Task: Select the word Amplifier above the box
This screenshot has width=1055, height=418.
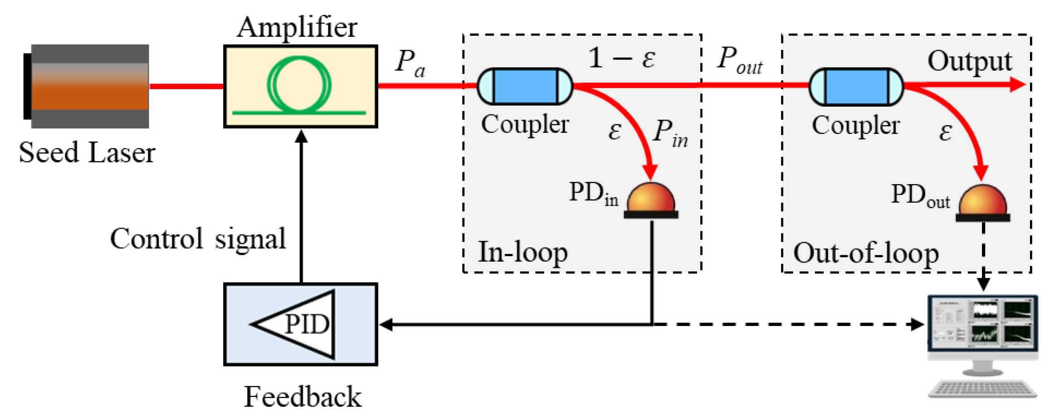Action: (x=297, y=27)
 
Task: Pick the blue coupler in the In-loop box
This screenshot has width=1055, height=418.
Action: (x=525, y=86)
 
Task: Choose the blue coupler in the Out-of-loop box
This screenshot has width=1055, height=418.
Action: (x=856, y=87)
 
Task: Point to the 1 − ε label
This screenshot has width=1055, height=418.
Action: (x=622, y=58)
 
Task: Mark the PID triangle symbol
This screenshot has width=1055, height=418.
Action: (x=299, y=324)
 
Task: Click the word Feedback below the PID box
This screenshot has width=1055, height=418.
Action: (x=303, y=397)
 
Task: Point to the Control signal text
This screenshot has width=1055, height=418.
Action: (x=198, y=239)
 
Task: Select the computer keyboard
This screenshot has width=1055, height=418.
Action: (x=982, y=389)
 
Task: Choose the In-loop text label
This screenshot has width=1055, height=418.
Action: (x=523, y=253)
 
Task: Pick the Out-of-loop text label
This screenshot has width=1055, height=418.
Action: (x=866, y=253)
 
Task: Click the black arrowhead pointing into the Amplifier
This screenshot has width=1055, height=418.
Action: (x=301, y=136)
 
